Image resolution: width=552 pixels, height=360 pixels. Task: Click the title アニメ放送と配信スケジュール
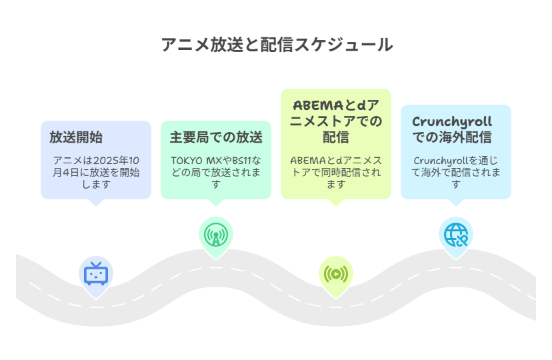[276, 45]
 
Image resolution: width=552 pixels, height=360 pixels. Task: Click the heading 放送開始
[76, 138]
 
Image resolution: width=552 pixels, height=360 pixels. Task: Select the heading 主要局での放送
[216, 138]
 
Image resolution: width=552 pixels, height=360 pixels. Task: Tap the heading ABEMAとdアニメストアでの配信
[336, 121]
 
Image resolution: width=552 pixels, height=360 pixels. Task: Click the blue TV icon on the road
[96, 274]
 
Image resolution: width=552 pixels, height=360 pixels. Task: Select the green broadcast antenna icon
[216, 235]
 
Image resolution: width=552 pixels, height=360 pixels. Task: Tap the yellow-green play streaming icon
[336, 273]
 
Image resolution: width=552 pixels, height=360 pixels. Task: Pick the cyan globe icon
[456, 234]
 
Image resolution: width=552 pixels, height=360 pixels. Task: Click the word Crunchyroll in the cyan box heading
[452, 122]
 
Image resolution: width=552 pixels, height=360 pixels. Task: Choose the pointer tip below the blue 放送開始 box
[96, 204]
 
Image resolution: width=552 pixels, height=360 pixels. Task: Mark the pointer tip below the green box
[216, 204]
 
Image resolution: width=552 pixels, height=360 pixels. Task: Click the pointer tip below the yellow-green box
[336, 204]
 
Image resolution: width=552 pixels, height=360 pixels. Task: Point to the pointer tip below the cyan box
[456, 204]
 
